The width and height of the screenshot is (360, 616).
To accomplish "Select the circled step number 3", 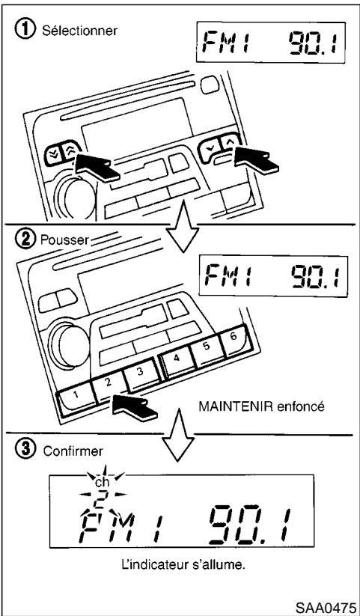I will (x=24, y=451).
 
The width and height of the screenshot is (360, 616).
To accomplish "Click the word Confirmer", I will (x=61, y=452).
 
